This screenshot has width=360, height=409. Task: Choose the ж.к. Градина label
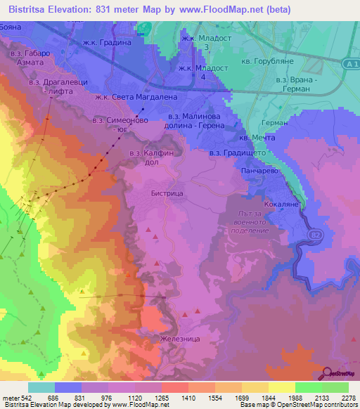pyautogui.click(x=108, y=42)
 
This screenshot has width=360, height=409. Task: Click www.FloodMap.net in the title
pyautogui.click(x=221, y=9)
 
